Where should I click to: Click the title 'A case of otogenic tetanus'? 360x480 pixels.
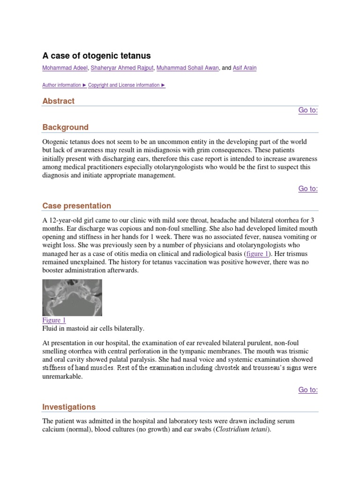[x=97, y=56]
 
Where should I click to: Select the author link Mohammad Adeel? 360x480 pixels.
[x=65, y=68]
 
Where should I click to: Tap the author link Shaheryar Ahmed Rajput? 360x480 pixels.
[x=122, y=68]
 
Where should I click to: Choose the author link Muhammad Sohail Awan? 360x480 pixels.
[x=187, y=68]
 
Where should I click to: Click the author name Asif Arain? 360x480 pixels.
[x=244, y=68]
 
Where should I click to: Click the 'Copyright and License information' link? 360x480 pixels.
[x=127, y=85]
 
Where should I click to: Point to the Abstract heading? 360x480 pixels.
[x=58, y=101]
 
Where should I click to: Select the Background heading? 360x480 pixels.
[x=65, y=127]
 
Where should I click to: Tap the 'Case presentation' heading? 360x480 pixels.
[x=76, y=206]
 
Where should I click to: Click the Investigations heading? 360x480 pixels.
[x=69, y=407]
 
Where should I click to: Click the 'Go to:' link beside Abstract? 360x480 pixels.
[x=308, y=110]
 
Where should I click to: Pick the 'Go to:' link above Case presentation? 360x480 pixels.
[x=308, y=188]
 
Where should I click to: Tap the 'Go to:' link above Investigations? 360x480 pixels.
[x=308, y=390]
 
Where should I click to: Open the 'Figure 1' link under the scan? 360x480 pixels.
[x=54, y=320]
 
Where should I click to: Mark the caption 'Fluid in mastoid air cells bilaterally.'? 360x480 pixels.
[x=93, y=329]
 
